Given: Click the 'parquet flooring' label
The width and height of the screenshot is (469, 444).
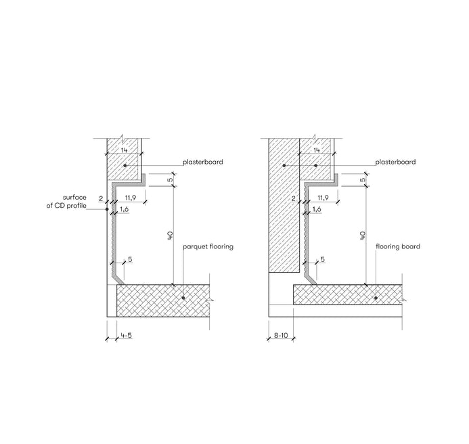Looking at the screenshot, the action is (x=208, y=247).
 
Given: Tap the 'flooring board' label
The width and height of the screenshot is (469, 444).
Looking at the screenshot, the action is (x=398, y=246).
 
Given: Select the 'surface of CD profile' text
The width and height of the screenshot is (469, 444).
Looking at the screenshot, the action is (x=66, y=202).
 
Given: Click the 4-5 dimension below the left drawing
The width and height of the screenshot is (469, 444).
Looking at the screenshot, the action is (x=127, y=336).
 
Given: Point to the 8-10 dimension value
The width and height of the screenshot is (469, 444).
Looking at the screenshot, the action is (x=281, y=336).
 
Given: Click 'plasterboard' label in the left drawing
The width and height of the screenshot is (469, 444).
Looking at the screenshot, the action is (x=203, y=162).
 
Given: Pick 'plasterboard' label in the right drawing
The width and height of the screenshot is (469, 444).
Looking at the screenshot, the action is (x=395, y=162).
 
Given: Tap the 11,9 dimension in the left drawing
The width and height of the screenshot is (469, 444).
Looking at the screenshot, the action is (x=131, y=198).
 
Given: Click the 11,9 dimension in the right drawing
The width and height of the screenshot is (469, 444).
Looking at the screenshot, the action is (x=323, y=198).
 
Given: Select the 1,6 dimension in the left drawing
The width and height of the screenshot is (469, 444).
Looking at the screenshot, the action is (x=124, y=209).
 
